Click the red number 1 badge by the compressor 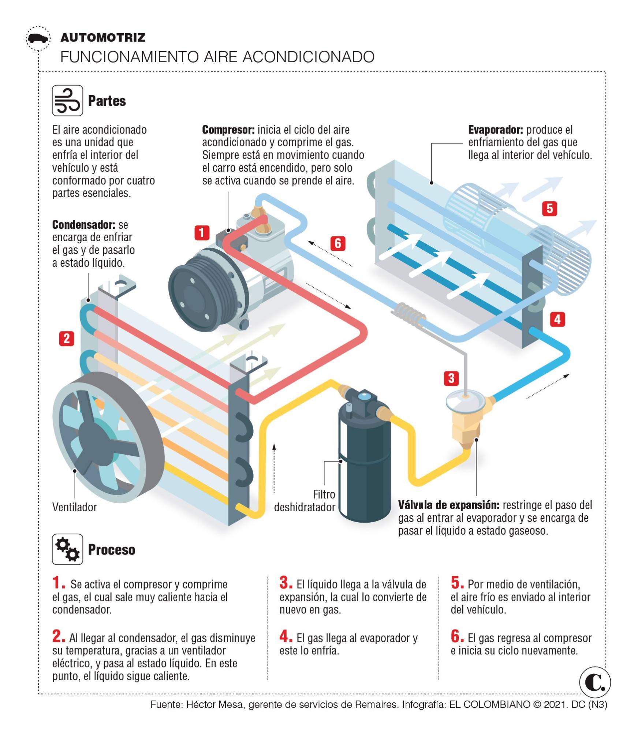[x=202, y=233]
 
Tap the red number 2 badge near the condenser [x=67, y=338]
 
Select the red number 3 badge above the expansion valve [x=451, y=378]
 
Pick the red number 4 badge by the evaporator [x=557, y=319]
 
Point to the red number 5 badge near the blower [x=549, y=209]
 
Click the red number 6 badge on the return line [x=338, y=243]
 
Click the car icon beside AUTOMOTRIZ [x=38, y=38]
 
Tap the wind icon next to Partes [x=67, y=101]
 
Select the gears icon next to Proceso [x=67, y=549]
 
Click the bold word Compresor [x=228, y=130]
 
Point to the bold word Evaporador [x=495, y=130]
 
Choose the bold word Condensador [x=83, y=224]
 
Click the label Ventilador [x=75, y=507]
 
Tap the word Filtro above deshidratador [x=324, y=494]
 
